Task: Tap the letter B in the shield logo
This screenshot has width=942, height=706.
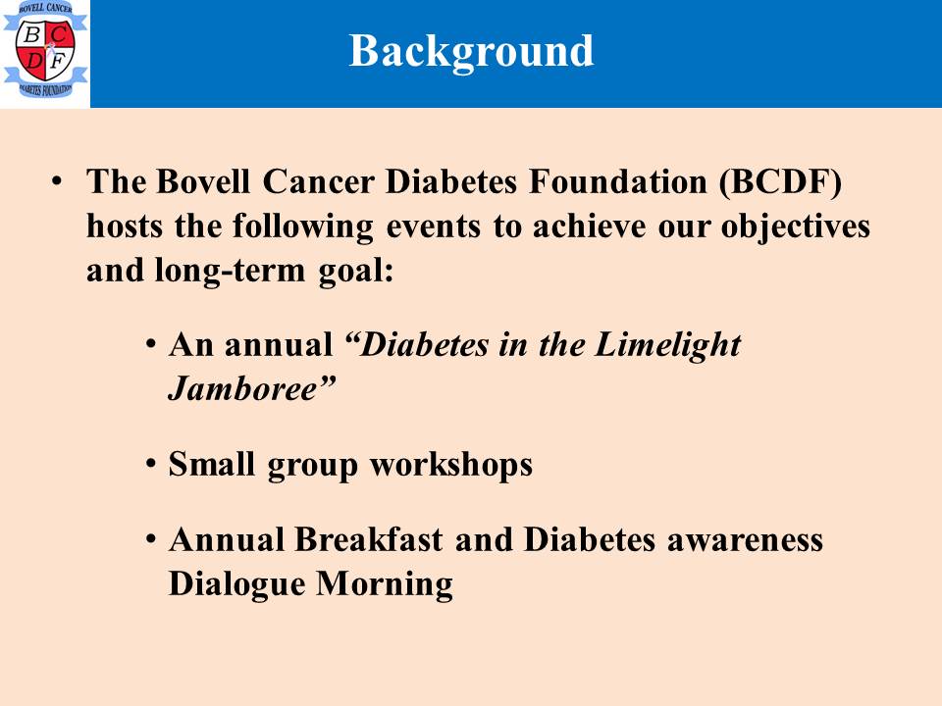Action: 31,34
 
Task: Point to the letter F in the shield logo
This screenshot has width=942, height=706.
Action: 58,61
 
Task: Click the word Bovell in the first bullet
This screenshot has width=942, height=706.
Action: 202,180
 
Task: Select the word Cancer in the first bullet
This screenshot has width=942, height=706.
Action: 318,180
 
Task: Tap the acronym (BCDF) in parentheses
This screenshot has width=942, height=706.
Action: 780,182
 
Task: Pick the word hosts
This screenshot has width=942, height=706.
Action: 125,226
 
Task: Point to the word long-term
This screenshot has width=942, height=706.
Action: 230,272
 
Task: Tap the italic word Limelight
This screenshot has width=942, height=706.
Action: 667,346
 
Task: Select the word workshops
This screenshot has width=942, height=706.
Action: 450,465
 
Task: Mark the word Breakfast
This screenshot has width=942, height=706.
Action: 368,538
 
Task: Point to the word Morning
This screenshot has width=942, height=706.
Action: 385,584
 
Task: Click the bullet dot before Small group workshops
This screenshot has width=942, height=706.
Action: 151,465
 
